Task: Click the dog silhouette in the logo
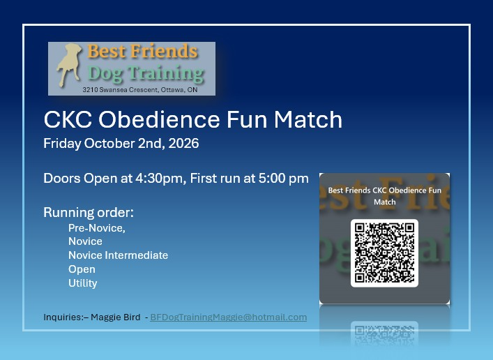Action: tap(69, 64)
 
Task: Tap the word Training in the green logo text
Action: tap(166, 74)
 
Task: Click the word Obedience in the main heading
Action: tap(159, 119)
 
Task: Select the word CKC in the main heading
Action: tap(68, 119)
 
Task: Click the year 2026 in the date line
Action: tap(183, 143)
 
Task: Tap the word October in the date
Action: tap(109, 143)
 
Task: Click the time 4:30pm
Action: tap(159, 179)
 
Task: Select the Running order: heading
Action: tap(89, 212)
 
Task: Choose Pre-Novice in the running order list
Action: tap(97, 228)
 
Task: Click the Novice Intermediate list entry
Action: tap(119, 255)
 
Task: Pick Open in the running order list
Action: tap(82, 269)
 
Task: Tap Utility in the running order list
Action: tap(83, 283)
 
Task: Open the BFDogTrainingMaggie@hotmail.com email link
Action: tap(229, 317)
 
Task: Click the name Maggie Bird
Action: tap(115, 317)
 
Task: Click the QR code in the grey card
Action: tap(384, 253)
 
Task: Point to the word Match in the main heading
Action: tap(308, 119)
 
